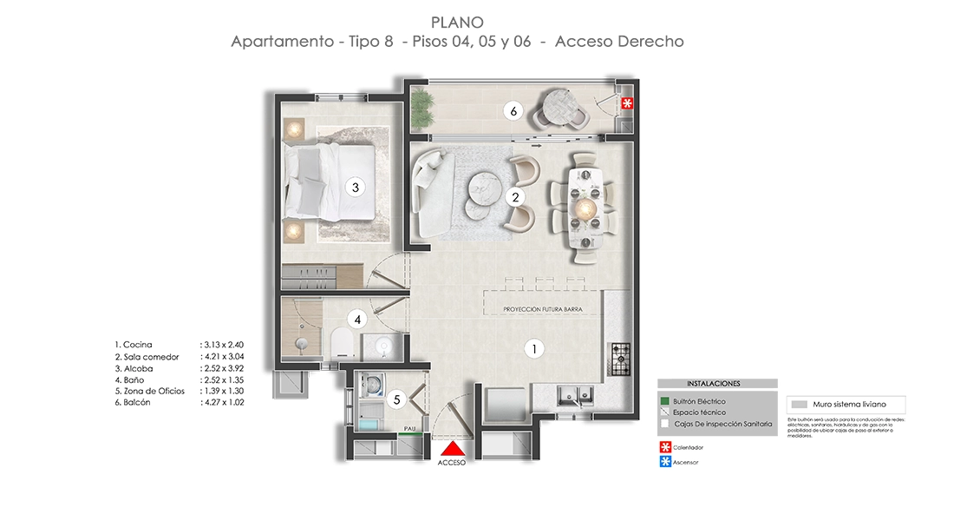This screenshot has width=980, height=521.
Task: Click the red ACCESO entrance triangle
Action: click(453, 449)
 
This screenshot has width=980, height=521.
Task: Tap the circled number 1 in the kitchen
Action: click(535, 349)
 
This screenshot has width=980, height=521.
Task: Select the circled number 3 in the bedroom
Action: click(352, 186)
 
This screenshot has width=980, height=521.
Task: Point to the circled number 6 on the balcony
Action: click(513, 111)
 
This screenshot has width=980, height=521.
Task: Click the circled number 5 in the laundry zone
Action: click(396, 399)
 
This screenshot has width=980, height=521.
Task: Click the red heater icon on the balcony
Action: click(629, 103)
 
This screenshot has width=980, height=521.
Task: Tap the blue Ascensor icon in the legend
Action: click(665, 462)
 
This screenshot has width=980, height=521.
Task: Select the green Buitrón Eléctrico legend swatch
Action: click(664, 401)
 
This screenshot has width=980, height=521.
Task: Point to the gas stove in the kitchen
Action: click(621, 359)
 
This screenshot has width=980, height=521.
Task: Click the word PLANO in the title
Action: click(456, 22)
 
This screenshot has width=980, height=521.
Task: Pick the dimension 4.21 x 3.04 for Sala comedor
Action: click(222, 357)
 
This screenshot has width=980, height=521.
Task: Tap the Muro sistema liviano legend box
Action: click(846, 405)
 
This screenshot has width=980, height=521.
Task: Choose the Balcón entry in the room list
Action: click(138, 402)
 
